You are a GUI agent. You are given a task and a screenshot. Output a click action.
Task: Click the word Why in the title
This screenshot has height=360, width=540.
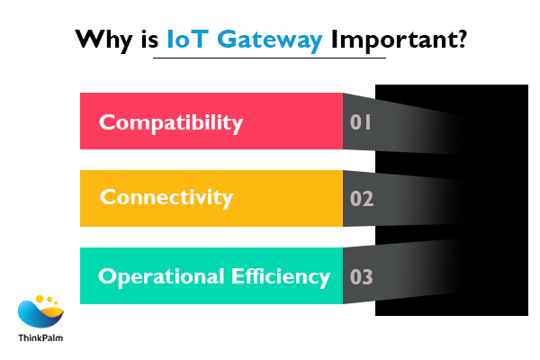[100, 40]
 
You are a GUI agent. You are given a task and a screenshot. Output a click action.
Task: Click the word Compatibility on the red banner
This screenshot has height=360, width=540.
[170, 121]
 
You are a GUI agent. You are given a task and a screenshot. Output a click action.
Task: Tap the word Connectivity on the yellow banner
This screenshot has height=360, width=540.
[166, 197]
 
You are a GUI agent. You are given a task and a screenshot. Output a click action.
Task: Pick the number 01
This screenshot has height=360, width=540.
[361, 121]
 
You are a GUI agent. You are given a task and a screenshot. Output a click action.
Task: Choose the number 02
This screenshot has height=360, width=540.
[361, 198]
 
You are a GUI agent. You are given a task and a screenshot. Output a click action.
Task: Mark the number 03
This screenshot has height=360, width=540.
[361, 276]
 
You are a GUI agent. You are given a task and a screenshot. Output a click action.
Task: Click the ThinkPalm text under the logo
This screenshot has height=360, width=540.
[41, 338]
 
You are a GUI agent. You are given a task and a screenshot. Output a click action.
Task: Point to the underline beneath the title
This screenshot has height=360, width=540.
[269, 58]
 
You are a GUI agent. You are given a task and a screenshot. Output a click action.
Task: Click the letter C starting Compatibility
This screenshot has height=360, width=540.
[106, 121]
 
